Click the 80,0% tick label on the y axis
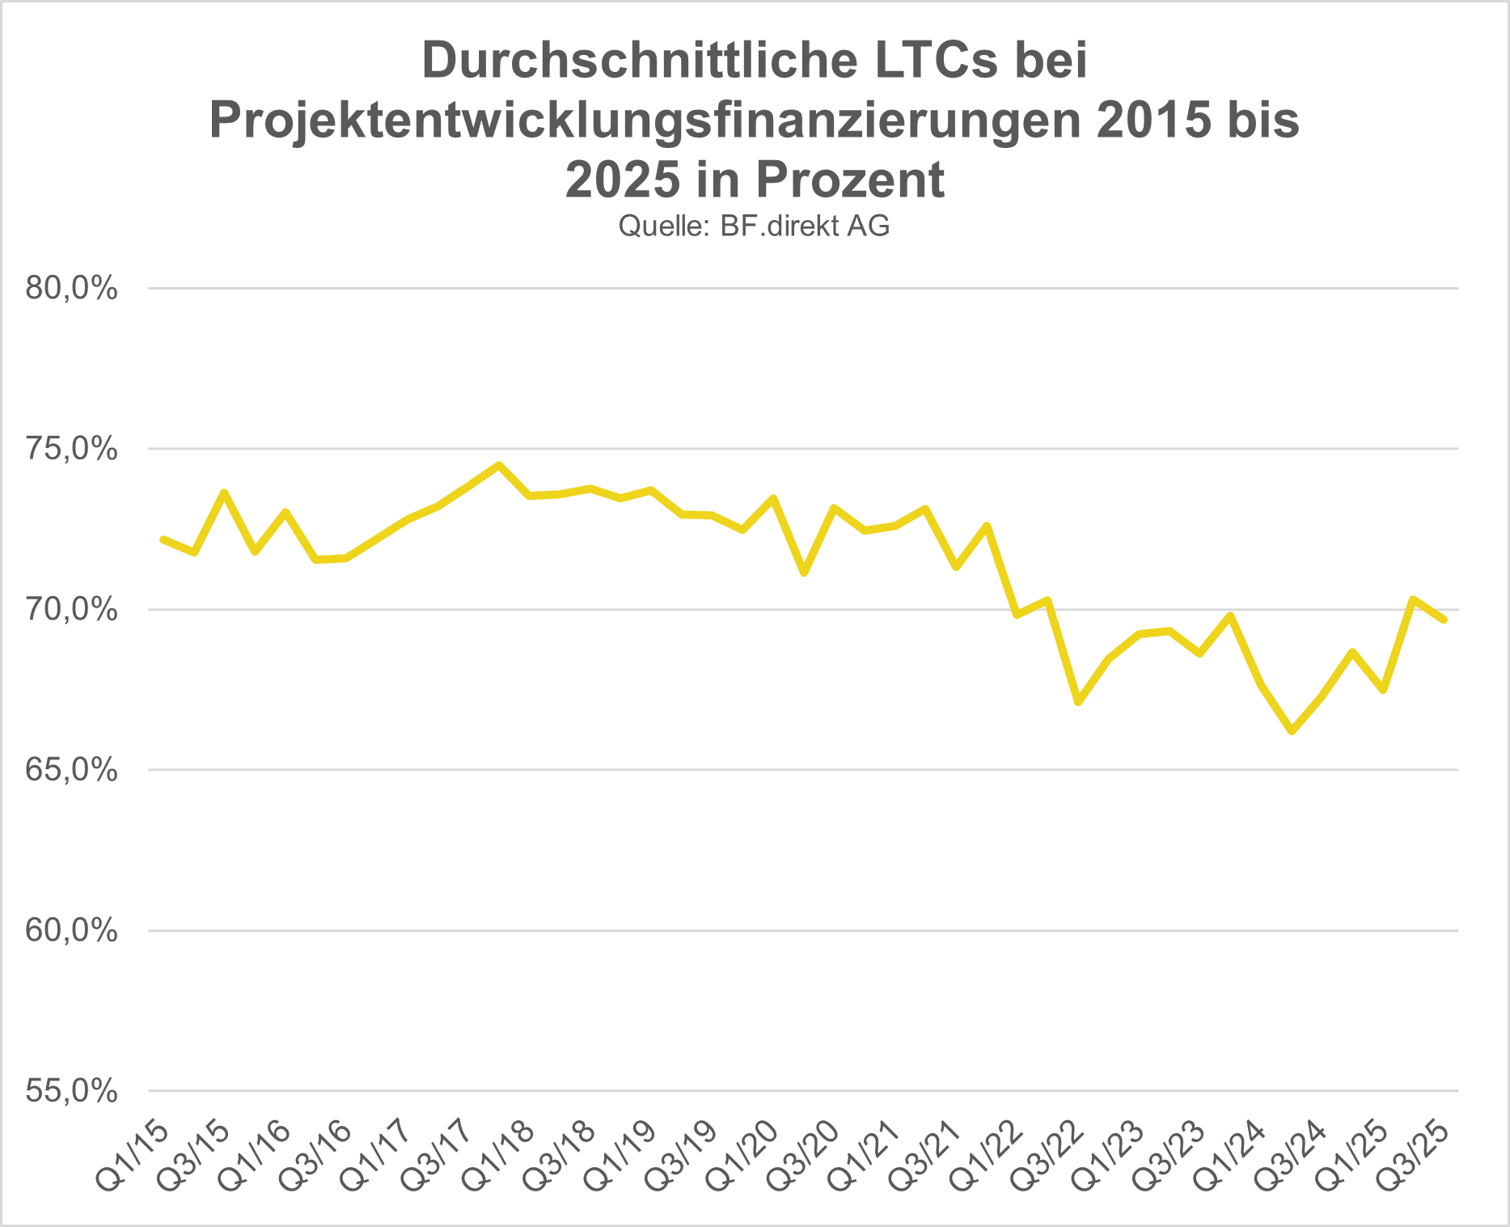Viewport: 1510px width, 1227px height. [71, 289]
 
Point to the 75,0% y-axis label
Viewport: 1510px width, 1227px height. [71, 449]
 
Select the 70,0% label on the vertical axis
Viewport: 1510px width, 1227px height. [71, 610]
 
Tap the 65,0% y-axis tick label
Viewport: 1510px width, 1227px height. [71, 770]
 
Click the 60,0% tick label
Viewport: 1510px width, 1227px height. [71, 931]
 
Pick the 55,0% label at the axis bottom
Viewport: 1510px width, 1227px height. [71, 1091]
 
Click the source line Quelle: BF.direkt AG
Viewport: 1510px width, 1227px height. [754, 226]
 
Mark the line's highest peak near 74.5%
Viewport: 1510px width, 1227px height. [499, 465]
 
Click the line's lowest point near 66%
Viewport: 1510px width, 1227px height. [1292, 731]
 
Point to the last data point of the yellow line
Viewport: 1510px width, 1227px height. [1444, 620]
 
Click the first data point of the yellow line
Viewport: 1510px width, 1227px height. [164, 539]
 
